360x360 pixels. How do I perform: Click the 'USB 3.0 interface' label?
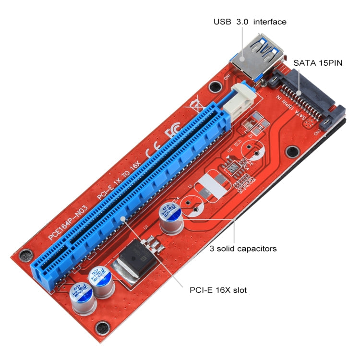pos(250,22)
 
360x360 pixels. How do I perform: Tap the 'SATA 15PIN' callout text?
pos(318,62)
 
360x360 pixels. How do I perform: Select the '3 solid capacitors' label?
pos(243,249)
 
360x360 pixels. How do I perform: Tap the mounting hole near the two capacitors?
pos(101,328)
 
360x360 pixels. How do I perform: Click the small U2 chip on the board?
pos(233,168)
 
